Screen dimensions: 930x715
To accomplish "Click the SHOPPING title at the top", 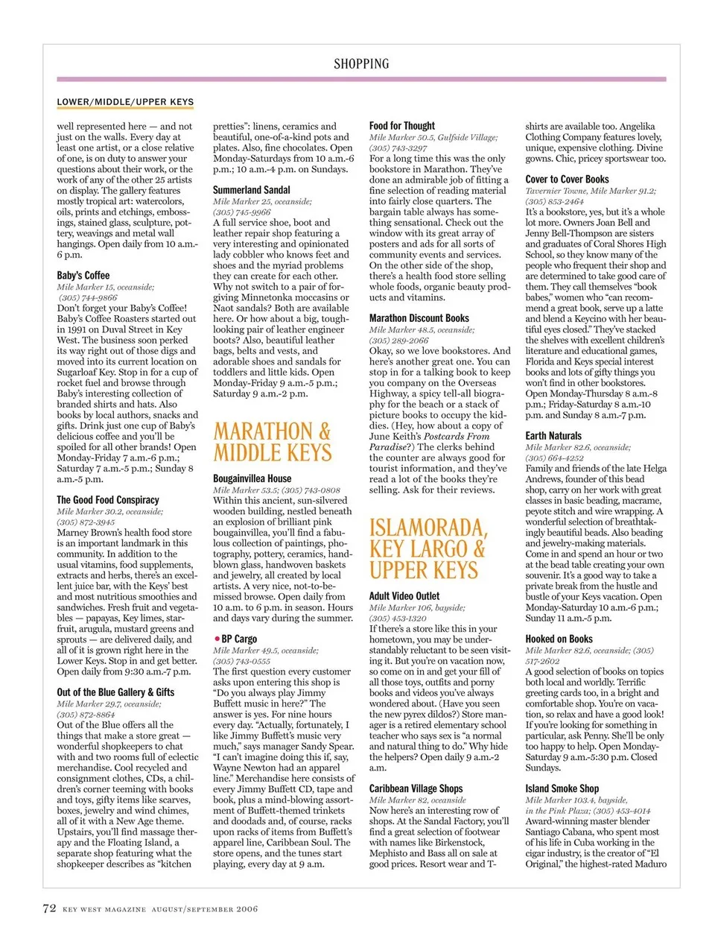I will coord(361,64).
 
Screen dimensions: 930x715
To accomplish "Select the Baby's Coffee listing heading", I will coord(83,275).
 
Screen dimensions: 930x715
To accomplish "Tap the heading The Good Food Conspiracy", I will coord(108,500).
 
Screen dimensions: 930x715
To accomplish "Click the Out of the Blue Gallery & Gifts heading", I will coord(115,692).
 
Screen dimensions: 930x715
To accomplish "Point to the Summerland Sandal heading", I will coord(252,190).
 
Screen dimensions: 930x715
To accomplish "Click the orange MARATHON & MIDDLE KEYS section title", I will coord(273,442).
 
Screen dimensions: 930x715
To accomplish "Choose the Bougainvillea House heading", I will coord(252,478).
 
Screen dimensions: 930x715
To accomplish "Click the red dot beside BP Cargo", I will coord(217,639).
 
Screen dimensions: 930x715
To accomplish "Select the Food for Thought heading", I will coord(402,126).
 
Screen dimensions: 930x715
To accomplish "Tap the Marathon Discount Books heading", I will coord(419,318).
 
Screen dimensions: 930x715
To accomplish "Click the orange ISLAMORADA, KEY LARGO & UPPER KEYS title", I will coord(428,549).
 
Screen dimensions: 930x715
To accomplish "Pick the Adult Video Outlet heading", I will coord(404,596).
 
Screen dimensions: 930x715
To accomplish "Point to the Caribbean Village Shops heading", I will coord(416,788).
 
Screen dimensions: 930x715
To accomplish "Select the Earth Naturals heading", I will coord(553,436).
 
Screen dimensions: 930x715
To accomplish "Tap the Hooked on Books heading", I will coord(559,639).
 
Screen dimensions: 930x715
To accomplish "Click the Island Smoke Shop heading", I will coord(562,788).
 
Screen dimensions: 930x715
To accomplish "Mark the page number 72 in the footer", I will coord(49,908).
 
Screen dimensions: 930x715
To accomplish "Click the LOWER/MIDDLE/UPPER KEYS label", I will coord(125,102).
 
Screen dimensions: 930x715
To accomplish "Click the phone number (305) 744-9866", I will coord(88,297).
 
